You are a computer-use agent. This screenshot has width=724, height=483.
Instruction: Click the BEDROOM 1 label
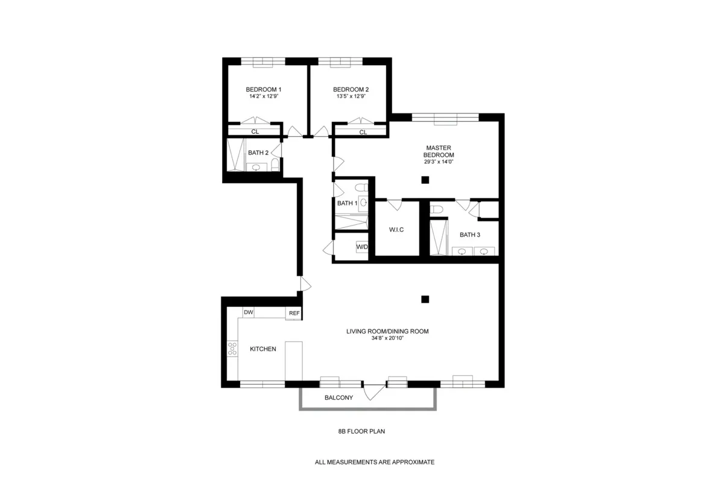tap(264, 89)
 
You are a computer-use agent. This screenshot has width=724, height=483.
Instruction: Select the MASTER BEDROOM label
tap(439, 151)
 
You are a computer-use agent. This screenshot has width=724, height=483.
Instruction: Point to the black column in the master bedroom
tap(425, 180)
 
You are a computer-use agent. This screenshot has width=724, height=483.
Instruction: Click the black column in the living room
tap(425, 298)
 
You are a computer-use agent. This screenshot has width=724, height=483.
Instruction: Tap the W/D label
tap(362, 247)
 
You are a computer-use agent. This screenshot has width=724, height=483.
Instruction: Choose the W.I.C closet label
tap(396, 230)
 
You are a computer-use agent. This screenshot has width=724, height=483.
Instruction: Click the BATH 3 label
tap(470, 235)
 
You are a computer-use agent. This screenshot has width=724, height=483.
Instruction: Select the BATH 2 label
tap(258, 153)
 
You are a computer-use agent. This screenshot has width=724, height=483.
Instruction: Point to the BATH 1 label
tap(347, 203)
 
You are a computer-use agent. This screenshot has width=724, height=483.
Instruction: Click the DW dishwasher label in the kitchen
tap(248, 312)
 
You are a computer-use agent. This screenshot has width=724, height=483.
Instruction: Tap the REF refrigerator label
tap(294, 313)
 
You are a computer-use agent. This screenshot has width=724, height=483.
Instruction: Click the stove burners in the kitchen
tap(232, 349)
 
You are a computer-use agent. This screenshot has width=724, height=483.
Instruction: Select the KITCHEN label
tap(263, 349)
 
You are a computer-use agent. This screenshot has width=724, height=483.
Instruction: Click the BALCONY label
tap(338, 398)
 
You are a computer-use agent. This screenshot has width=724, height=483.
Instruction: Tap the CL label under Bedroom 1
tap(255, 132)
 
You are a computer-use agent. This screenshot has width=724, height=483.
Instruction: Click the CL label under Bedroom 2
tap(363, 132)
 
